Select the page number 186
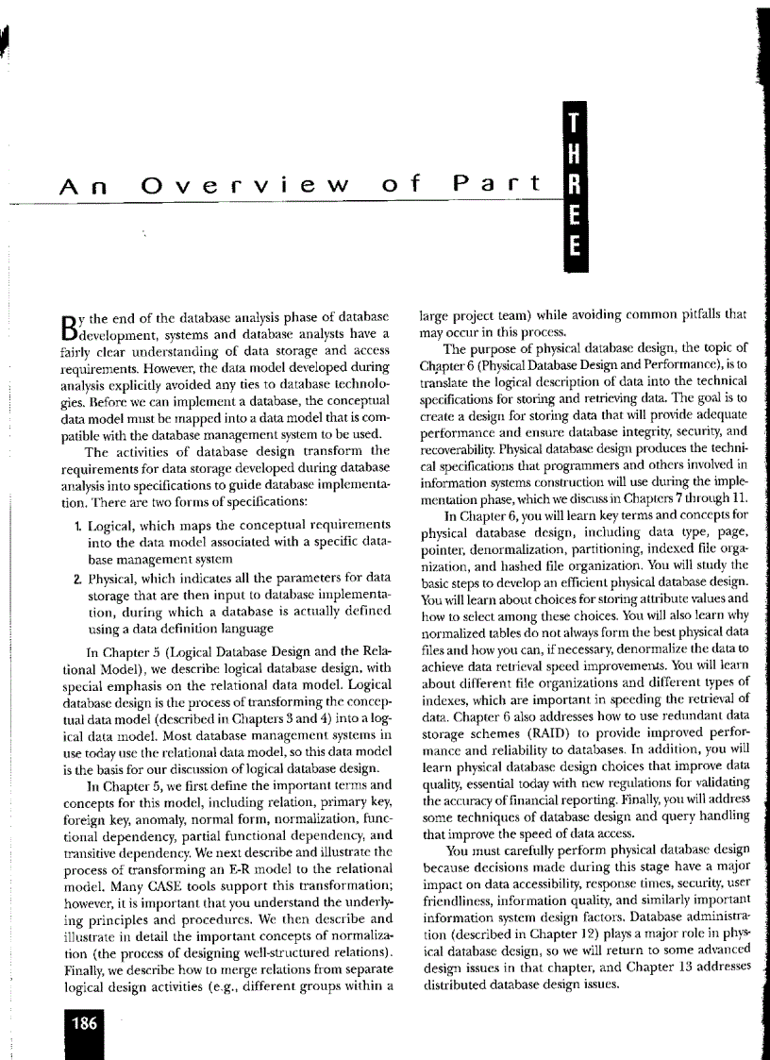81,1020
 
